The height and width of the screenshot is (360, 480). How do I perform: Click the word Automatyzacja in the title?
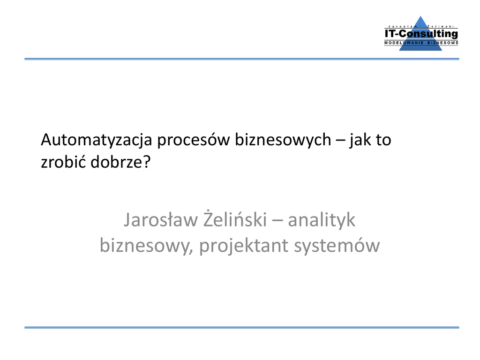(x=97, y=140)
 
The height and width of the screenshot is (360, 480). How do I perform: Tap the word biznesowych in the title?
(x=283, y=140)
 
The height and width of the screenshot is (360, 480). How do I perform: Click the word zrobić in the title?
(x=63, y=161)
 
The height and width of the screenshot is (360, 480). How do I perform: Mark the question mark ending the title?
(x=147, y=161)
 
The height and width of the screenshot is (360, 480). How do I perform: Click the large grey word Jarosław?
(x=161, y=220)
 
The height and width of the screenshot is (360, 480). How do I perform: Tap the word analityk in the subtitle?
(x=322, y=220)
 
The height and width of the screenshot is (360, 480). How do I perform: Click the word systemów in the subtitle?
(x=337, y=246)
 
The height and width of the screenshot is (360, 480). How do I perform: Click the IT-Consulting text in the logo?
(x=421, y=33)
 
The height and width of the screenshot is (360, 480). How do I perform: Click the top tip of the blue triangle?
(x=421, y=16)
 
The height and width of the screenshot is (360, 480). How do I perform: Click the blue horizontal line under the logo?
(x=242, y=59)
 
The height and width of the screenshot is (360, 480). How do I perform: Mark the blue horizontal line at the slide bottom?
(x=242, y=327)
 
